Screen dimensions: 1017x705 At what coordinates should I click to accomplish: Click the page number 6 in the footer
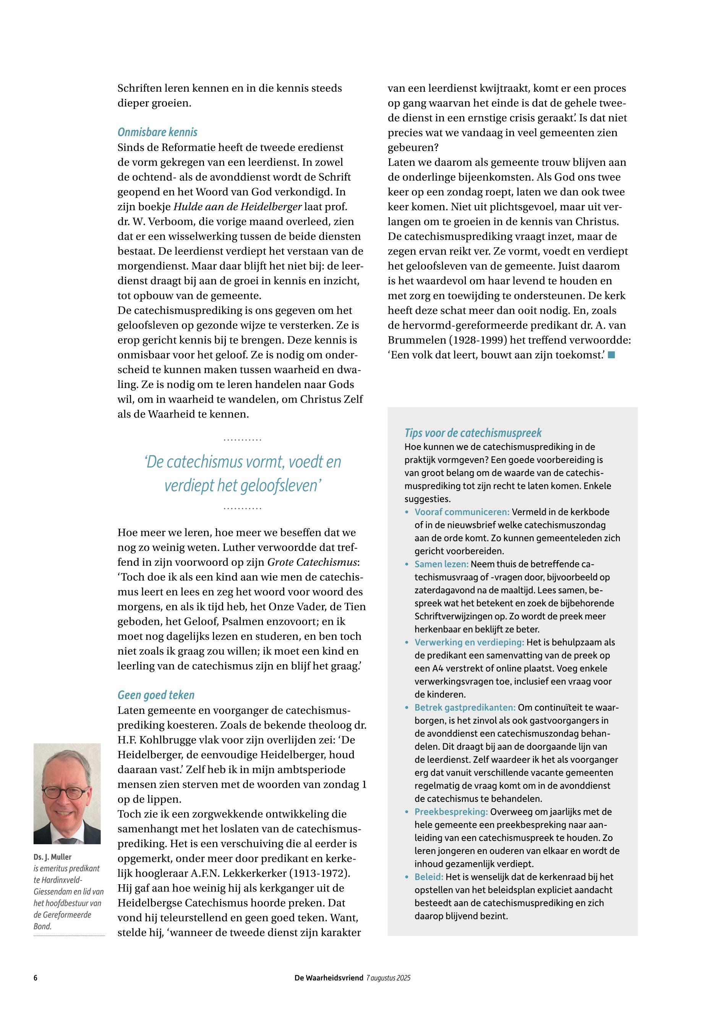pyautogui.click(x=35, y=978)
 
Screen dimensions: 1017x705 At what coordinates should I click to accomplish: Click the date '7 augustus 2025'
pyautogui.click(x=388, y=978)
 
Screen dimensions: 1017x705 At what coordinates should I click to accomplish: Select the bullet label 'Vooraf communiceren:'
pyautogui.click(x=462, y=512)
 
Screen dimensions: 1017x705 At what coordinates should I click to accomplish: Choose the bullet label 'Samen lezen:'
pyautogui.click(x=441, y=564)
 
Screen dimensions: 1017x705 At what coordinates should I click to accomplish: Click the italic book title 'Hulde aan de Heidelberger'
pyautogui.click(x=237, y=207)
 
